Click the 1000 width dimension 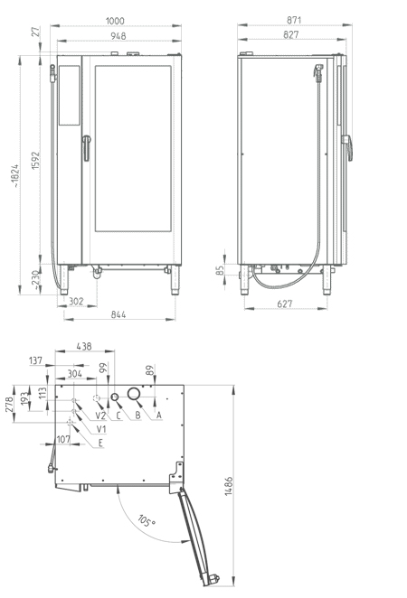[115, 21]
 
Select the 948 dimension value [118, 36]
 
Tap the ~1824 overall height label [14, 176]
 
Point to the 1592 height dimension [35, 161]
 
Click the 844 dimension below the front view [118, 314]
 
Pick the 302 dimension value [76, 302]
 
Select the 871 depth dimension [294, 20]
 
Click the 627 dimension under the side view [285, 304]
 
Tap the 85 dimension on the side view [220, 270]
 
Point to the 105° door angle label [147, 521]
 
